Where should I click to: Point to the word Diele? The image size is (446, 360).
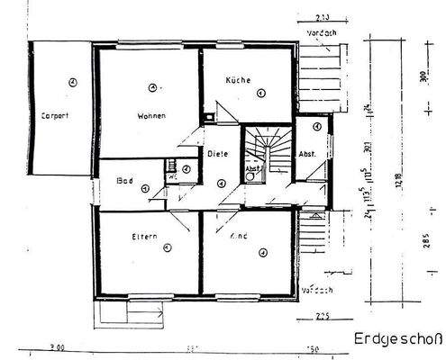click(x=218, y=153)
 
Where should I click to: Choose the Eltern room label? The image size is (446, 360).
click(x=143, y=237)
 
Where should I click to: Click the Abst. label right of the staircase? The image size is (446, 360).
click(x=307, y=153)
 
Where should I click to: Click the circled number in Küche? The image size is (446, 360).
click(x=259, y=91)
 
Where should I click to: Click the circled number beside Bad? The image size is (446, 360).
click(x=184, y=168)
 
